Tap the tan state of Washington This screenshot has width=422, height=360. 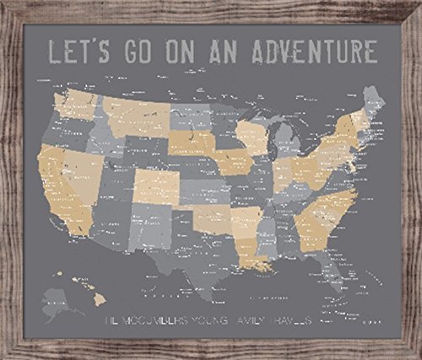[74, 105]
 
